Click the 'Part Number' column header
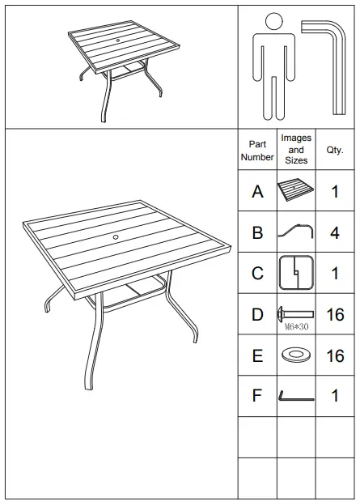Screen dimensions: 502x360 click(257, 151)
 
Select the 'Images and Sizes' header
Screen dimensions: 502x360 click(296, 150)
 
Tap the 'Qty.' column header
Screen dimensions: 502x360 click(334, 150)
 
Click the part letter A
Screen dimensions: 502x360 click(257, 192)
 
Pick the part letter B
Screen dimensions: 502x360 click(257, 233)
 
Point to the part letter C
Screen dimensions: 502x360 click(257, 274)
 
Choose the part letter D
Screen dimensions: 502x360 click(257, 314)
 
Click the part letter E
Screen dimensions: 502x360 click(257, 355)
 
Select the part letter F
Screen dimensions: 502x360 click(257, 397)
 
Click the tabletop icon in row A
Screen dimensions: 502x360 click(296, 191)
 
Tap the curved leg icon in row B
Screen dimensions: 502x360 click(296, 232)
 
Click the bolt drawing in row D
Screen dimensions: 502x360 click(296, 312)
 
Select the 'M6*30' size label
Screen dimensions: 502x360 click(296, 326)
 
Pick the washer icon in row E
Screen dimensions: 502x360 click(296, 355)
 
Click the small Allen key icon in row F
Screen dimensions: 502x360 click(296, 397)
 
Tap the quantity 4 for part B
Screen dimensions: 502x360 click(334, 233)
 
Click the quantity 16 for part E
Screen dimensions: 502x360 click(334, 355)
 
